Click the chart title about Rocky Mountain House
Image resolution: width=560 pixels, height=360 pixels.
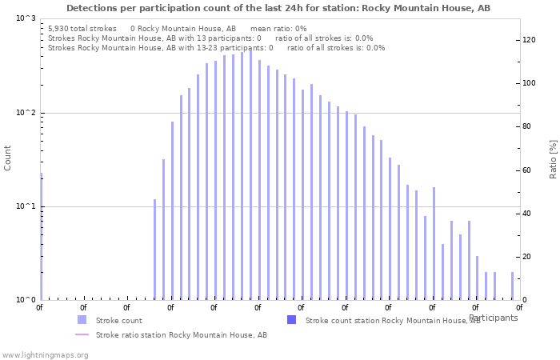click(278, 8)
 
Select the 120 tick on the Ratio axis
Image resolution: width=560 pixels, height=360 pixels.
click(528, 40)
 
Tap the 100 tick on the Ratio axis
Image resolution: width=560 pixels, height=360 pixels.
click(528, 83)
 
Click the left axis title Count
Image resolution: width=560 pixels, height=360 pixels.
click(8, 158)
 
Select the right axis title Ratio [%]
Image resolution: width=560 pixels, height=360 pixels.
click(553, 158)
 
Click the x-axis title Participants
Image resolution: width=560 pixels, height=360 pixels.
click(493, 318)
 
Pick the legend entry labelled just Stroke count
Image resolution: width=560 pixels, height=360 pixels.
click(118, 320)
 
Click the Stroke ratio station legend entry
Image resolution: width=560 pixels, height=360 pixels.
click(181, 334)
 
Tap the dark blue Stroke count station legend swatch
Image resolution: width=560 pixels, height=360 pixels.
click(291, 320)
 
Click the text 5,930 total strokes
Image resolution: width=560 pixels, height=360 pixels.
click(82, 28)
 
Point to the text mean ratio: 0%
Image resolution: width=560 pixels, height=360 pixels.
click(278, 28)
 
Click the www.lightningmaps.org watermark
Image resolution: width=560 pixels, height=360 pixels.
click(45, 354)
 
